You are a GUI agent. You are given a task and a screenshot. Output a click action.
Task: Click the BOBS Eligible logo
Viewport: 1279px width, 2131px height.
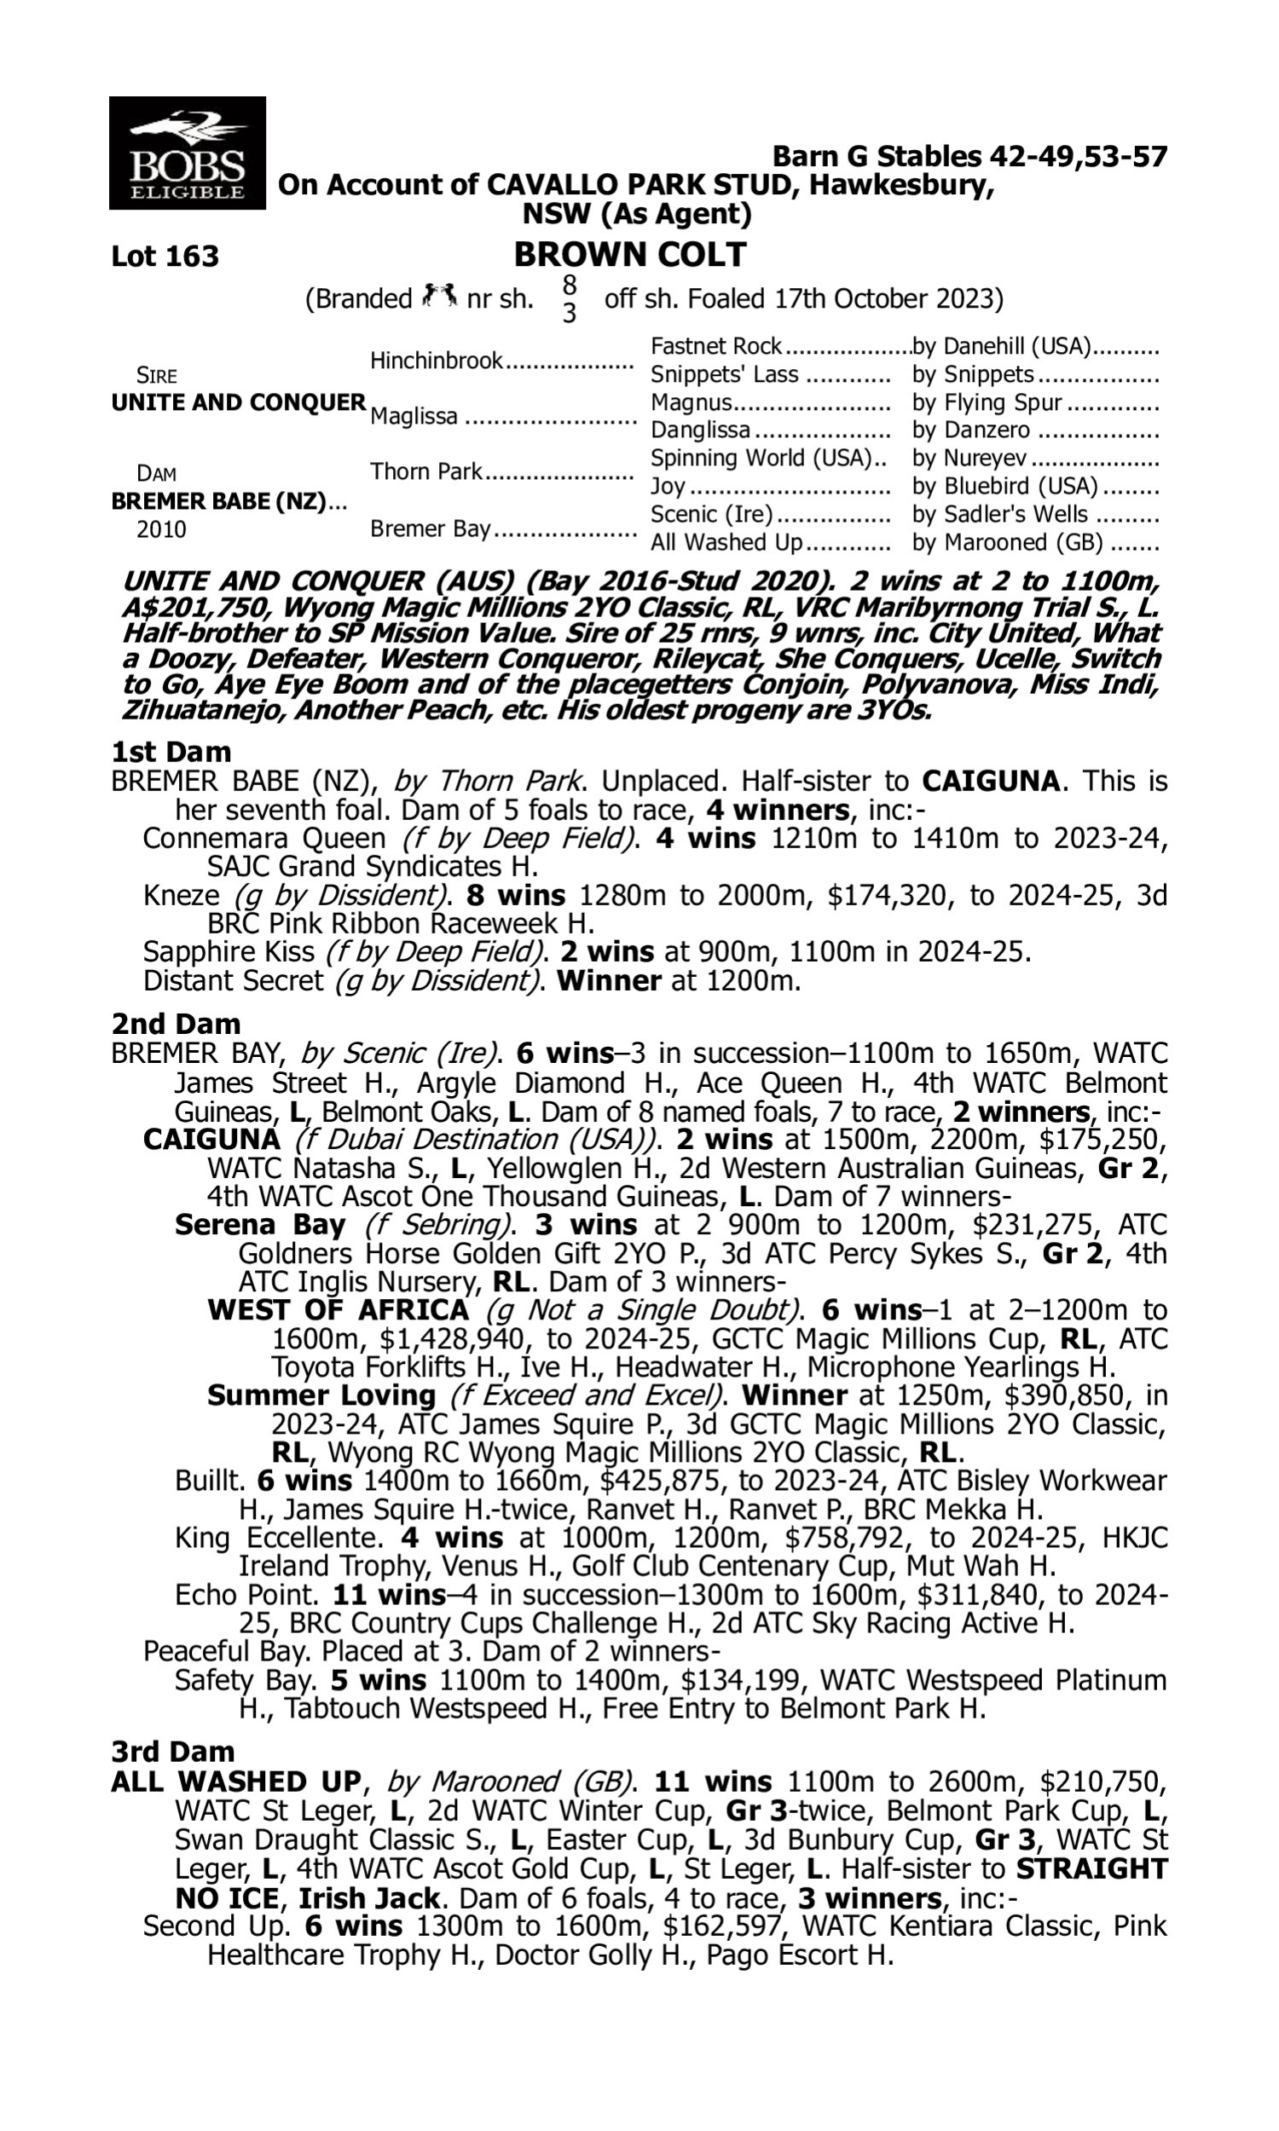187,153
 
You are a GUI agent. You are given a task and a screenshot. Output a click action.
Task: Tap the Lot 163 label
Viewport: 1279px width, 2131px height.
165,256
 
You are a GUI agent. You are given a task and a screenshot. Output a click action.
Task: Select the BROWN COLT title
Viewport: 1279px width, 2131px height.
630,255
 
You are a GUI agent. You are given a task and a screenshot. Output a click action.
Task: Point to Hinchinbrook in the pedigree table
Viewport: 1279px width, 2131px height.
436,361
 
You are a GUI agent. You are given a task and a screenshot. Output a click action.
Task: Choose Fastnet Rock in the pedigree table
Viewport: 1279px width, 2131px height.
715,346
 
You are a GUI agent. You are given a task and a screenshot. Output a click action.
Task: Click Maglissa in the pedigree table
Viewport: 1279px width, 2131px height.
414,417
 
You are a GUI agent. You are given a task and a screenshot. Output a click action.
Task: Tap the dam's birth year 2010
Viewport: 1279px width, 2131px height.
161,529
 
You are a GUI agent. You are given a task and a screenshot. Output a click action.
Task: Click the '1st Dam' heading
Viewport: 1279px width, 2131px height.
171,752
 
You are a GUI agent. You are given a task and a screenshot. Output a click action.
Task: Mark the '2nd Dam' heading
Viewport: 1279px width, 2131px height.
175,1023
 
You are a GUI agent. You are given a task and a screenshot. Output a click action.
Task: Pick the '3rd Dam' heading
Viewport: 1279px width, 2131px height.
173,1751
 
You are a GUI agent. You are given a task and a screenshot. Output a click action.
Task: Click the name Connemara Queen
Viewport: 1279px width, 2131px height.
264,838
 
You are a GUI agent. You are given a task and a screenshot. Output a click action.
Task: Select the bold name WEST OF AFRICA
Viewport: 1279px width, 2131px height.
338,1310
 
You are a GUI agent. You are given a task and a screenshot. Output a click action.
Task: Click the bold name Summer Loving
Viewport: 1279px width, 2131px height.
321,1395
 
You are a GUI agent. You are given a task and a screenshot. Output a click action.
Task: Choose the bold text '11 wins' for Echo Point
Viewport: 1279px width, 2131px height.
389,1594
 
